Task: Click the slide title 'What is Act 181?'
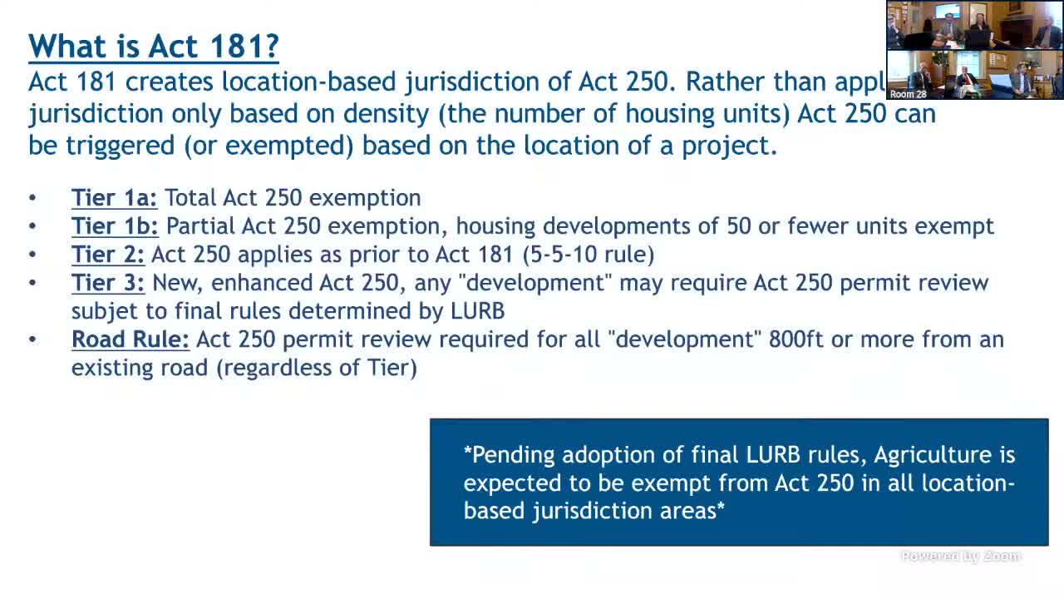click(153, 46)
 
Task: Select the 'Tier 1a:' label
click(114, 198)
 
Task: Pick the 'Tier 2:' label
click(107, 255)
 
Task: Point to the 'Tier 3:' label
click(107, 283)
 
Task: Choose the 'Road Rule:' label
click(131, 339)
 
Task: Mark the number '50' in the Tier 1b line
click(739, 226)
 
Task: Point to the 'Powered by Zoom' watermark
click(960, 557)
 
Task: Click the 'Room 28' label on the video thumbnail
click(908, 94)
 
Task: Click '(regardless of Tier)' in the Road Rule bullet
click(317, 367)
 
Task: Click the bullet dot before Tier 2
click(32, 255)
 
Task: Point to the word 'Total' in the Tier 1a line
click(190, 198)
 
